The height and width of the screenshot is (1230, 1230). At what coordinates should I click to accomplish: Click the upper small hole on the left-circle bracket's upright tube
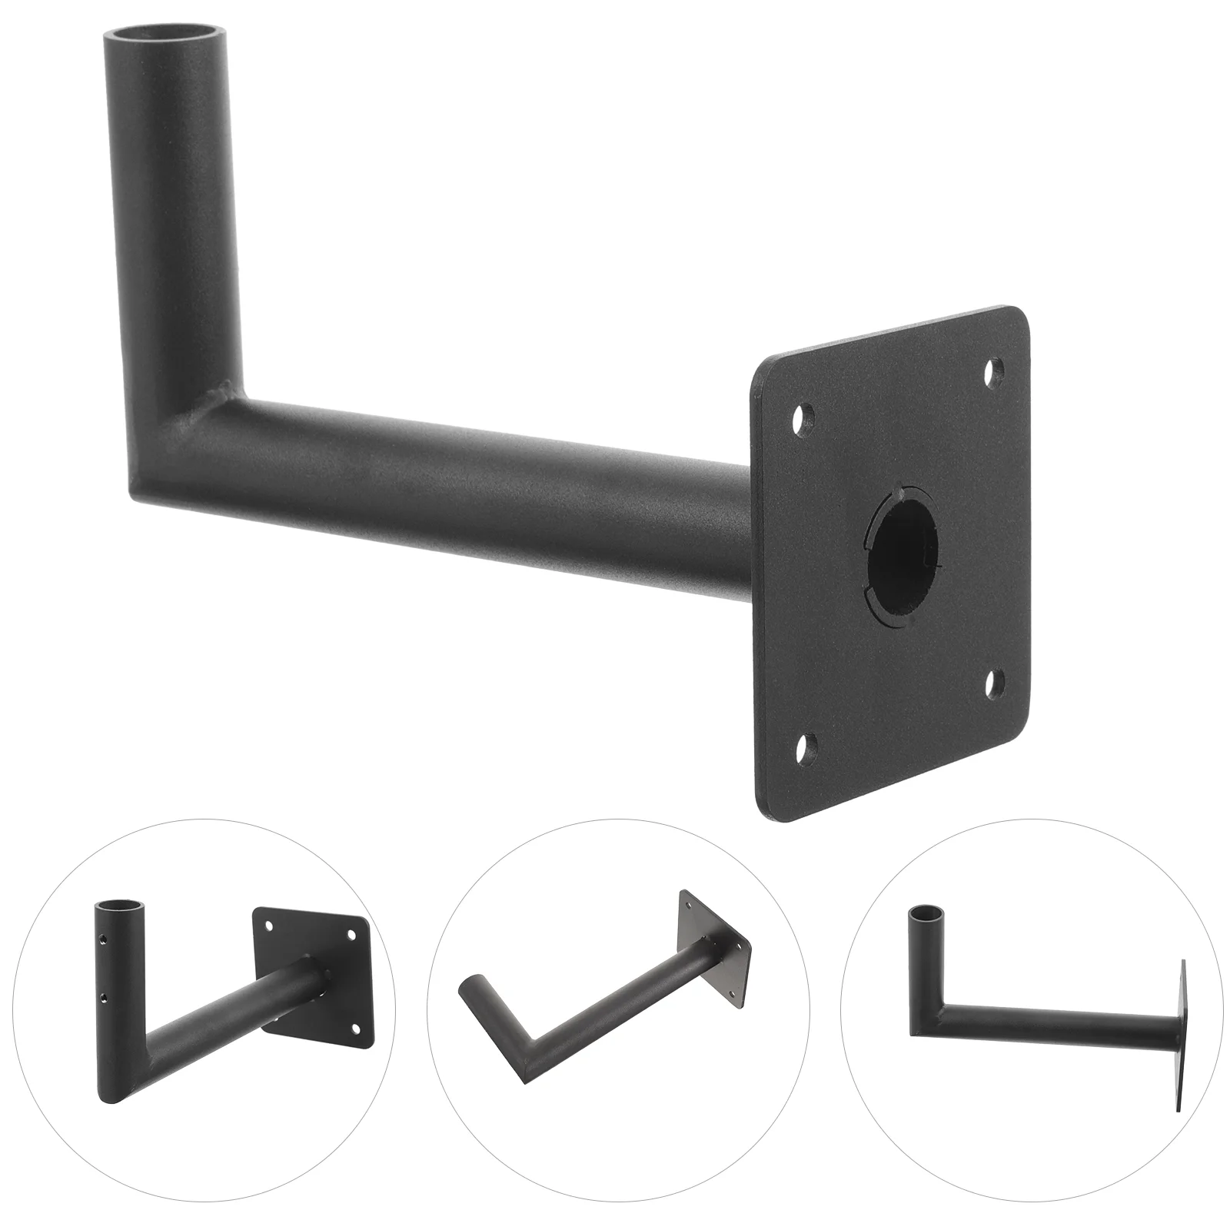pos(103,939)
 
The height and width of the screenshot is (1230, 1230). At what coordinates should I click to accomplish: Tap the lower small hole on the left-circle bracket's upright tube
pos(103,997)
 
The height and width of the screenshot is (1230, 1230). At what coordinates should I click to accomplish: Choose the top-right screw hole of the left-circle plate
pos(352,935)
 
